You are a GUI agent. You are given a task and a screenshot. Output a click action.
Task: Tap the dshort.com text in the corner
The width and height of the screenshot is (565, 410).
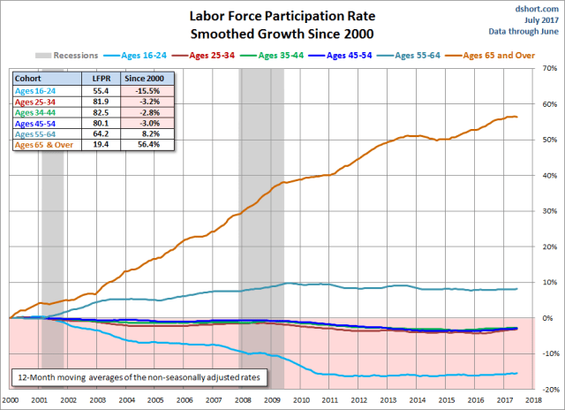[x=536, y=8]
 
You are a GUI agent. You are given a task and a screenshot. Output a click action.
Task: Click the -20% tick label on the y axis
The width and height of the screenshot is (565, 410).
[x=548, y=389]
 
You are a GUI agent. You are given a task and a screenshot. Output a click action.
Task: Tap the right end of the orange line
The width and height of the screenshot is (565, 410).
[x=517, y=117]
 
